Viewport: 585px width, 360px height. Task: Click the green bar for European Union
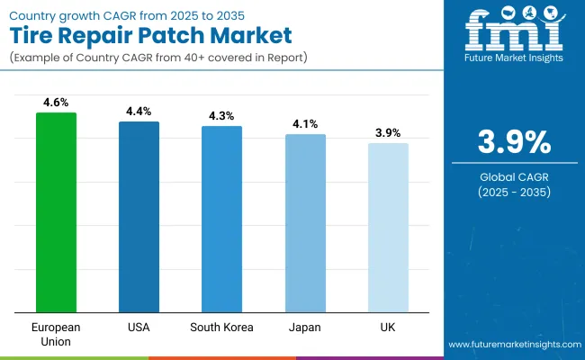pos(56,212)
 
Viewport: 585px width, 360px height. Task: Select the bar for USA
pos(139,217)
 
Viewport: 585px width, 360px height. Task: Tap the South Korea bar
pos(221,219)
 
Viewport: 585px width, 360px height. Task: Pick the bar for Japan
pos(305,223)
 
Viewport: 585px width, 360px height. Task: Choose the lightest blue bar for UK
pos(388,228)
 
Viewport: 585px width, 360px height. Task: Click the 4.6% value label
pos(56,103)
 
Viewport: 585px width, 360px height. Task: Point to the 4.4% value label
pos(139,112)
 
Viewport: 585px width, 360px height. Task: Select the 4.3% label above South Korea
pos(221,116)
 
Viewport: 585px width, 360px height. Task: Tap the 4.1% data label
pos(305,124)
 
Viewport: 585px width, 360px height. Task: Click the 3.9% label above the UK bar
pos(388,133)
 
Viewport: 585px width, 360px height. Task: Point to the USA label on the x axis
pos(139,325)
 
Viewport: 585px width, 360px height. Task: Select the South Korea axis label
pos(221,325)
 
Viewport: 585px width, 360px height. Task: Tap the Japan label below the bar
pos(305,325)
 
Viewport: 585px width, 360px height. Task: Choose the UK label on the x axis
pos(388,325)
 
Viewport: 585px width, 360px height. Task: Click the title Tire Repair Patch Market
pos(151,36)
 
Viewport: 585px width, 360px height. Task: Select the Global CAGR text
pos(513,177)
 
